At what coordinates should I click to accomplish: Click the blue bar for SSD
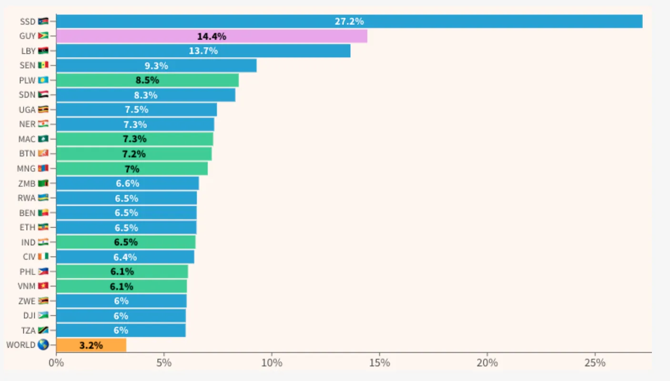(349, 21)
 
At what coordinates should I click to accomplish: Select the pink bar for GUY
(212, 36)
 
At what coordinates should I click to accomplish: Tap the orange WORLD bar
(91, 345)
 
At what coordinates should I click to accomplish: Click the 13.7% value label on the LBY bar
(203, 51)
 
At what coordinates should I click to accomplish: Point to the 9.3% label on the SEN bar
(156, 66)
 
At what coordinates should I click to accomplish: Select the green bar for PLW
(147, 80)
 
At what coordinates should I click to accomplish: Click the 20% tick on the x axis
(487, 363)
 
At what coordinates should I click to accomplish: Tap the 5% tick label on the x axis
(164, 363)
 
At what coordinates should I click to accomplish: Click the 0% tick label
(56, 363)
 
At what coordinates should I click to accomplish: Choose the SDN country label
(28, 95)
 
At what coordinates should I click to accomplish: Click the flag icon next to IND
(43, 242)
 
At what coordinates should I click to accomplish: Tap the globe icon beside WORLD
(43, 345)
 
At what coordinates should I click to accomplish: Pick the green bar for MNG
(132, 169)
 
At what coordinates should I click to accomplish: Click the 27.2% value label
(349, 21)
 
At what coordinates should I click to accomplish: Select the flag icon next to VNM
(43, 286)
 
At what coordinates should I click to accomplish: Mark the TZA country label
(28, 331)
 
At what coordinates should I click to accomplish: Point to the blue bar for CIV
(125, 257)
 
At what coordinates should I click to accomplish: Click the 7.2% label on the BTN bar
(134, 154)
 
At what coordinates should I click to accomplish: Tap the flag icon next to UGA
(43, 110)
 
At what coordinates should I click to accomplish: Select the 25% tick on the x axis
(595, 363)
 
